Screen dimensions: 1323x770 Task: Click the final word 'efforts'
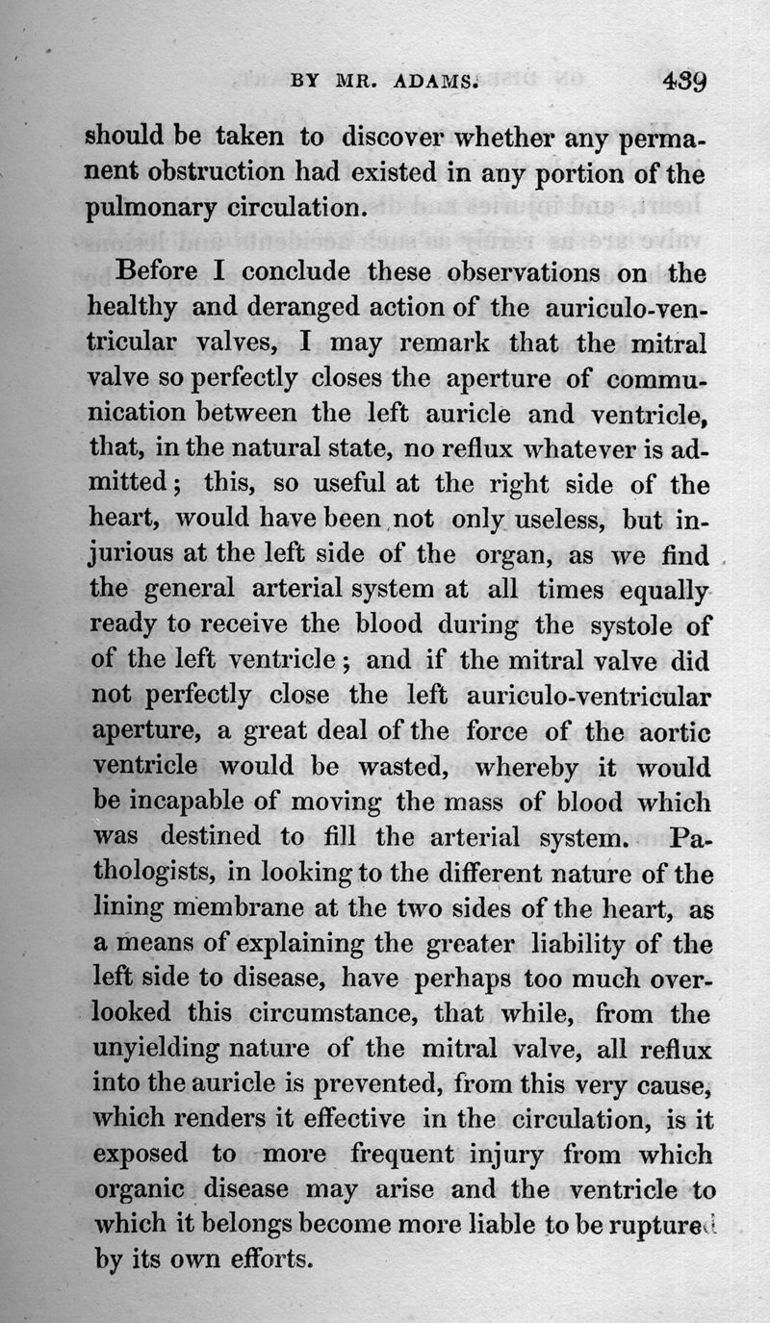tap(259, 1259)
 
